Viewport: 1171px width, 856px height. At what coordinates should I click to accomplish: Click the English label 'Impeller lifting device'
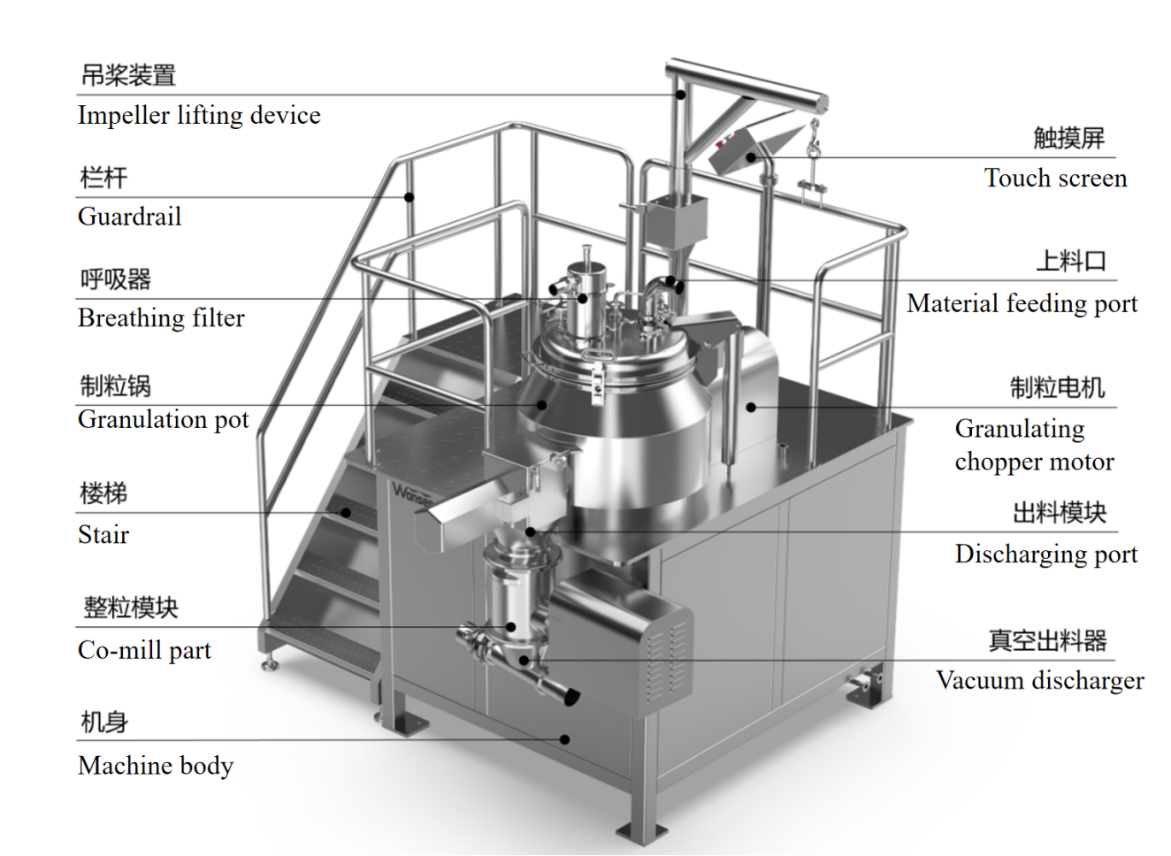[199, 115]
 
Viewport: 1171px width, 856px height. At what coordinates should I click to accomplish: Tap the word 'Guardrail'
[129, 217]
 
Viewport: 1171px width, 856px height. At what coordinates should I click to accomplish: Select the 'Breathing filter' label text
[161, 318]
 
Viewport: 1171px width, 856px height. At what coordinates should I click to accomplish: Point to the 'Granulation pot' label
[164, 419]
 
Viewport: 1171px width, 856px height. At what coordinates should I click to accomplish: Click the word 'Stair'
[103, 535]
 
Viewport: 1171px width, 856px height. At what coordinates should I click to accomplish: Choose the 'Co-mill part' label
[144, 651]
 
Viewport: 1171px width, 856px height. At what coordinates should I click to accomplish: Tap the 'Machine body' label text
[156, 766]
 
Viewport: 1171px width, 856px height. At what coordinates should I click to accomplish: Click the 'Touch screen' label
[1055, 179]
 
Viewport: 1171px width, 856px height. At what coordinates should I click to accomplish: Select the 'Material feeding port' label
[1022, 304]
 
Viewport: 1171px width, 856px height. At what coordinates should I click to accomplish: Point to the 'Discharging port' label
[1045, 554]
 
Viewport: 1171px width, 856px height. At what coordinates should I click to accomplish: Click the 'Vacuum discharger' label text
[1039, 681]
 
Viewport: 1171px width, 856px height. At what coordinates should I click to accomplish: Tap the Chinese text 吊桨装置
[128, 75]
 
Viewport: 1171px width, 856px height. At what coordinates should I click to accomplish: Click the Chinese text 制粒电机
[1057, 387]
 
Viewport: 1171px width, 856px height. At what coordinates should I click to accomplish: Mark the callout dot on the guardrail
[409, 196]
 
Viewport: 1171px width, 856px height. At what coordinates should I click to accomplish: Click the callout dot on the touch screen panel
[751, 158]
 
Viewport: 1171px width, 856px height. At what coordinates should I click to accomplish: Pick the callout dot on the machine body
[566, 739]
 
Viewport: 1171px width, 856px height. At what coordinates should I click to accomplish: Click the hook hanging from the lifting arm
[813, 141]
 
